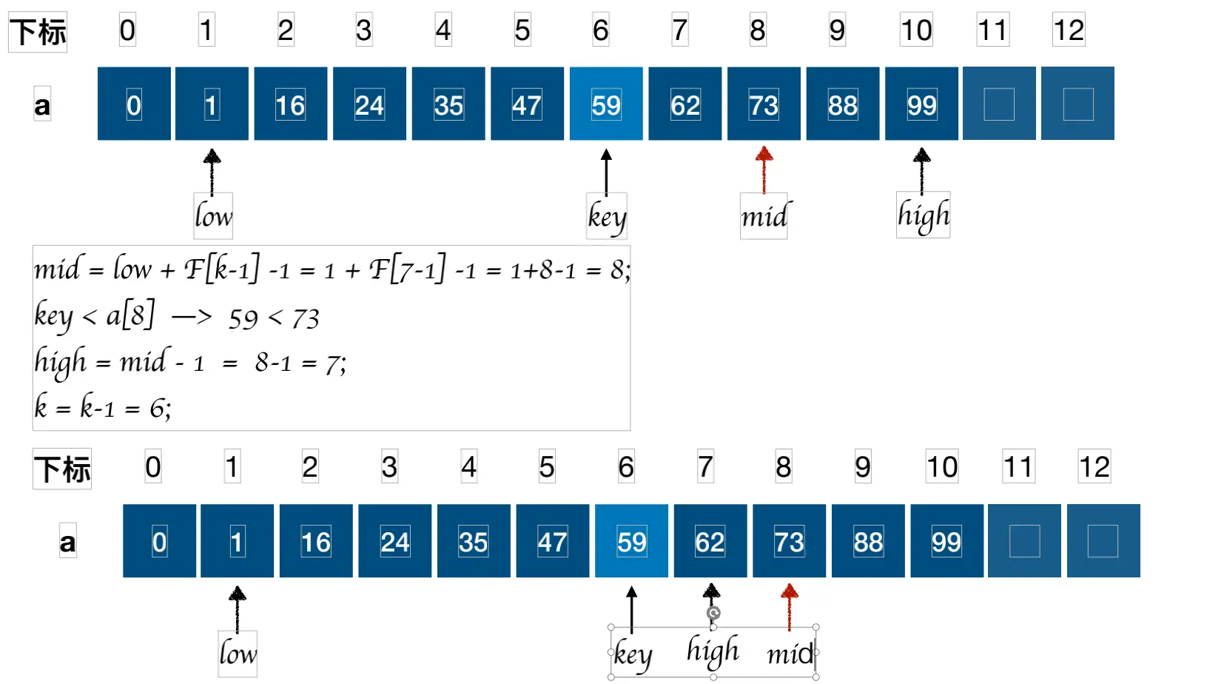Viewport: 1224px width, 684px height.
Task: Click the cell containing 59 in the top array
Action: coord(605,104)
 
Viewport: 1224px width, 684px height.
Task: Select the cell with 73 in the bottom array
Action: coord(789,541)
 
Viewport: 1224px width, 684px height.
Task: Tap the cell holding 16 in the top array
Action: coord(290,104)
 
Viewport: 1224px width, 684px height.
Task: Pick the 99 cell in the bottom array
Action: coord(946,541)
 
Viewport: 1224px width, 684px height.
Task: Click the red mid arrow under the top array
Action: coord(764,170)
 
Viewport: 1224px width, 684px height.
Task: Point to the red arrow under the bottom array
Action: coord(789,606)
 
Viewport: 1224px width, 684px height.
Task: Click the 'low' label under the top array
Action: coord(213,216)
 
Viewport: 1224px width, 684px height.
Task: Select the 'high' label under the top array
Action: coord(923,215)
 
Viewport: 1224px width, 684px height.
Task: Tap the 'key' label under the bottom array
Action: coord(632,654)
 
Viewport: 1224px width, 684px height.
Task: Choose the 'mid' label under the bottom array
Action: coord(790,654)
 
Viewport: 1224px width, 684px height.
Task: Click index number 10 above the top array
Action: coord(916,30)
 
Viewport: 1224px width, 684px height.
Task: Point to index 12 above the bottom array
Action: coord(1094,467)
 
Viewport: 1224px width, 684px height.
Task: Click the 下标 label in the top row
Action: coord(38,32)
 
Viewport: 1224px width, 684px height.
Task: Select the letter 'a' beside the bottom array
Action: coord(67,542)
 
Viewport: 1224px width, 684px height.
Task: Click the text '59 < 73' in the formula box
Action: coord(274,318)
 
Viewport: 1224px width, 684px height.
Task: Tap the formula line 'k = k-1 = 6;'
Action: coord(103,407)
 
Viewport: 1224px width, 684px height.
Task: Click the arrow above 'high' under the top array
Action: coord(921,170)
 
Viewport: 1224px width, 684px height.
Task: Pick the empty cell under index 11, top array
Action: coord(999,104)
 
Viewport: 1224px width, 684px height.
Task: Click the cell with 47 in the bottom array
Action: coord(552,541)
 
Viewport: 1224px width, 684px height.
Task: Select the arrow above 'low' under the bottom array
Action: coord(237,608)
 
